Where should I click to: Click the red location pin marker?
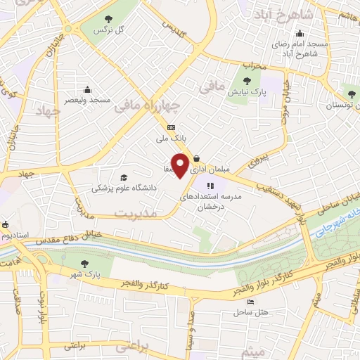pyautogui.click(x=181, y=165)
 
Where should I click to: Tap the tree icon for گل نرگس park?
pyautogui.click(x=107, y=20)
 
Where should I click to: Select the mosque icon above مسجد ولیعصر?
pyautogui.click(x=86, y=90)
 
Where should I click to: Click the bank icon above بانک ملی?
pyautogui.click(x=172, y=127)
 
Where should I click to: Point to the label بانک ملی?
pyautogui.click(x=169, y=139)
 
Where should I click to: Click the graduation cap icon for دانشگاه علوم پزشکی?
pyautogui.click(x=124, y=178)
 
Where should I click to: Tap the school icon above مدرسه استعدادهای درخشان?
pyautogui.click(x=210, y=186)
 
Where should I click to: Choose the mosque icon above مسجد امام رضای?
pyautogui.click(x=300, y=32)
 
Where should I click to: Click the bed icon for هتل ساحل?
pyautogui.click(x=251, y=302)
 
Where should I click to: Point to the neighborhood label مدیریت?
pyautogui.click(x=135, y=212)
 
